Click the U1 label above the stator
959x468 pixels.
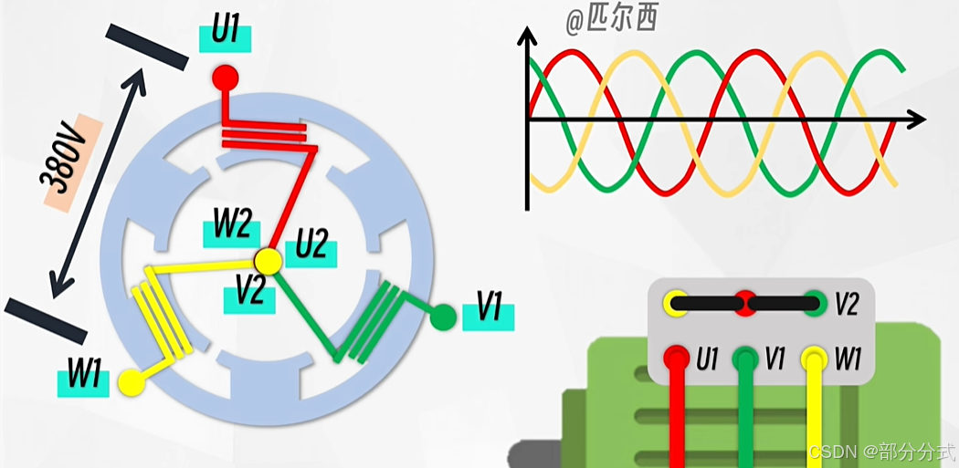pos(225,32)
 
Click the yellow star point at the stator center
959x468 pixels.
pos(269,262)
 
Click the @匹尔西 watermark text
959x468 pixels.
pos(611,20)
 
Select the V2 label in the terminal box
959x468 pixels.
pos(847,303)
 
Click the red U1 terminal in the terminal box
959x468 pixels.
pos(677,359)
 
